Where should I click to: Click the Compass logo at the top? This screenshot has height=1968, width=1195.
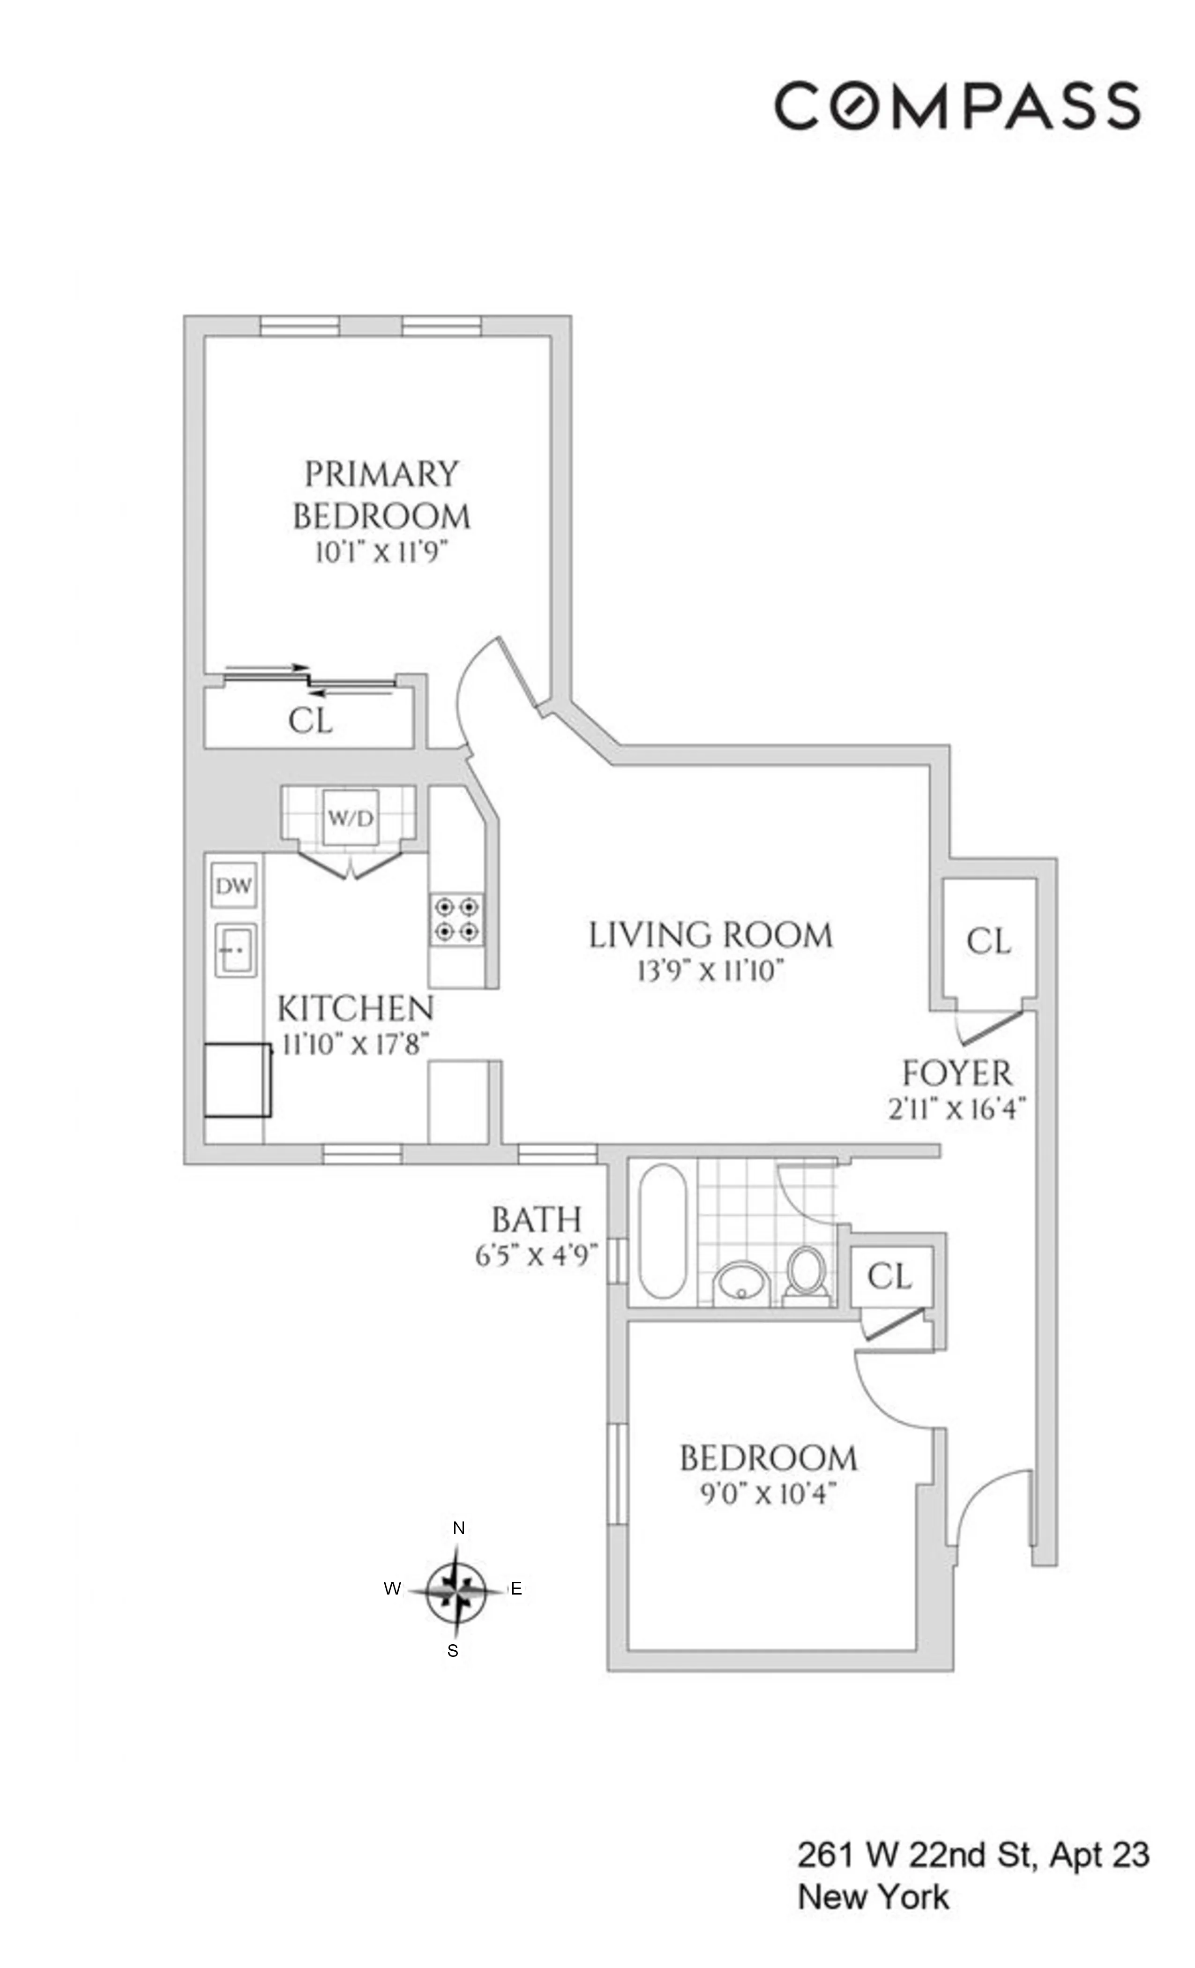(956, 104)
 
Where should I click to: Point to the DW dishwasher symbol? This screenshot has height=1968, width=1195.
(233, 885)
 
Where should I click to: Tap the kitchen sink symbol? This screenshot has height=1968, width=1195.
(235, 950)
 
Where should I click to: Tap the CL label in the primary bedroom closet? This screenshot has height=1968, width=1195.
(310, 721)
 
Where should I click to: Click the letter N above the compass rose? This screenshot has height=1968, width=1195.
(458, 1528)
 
